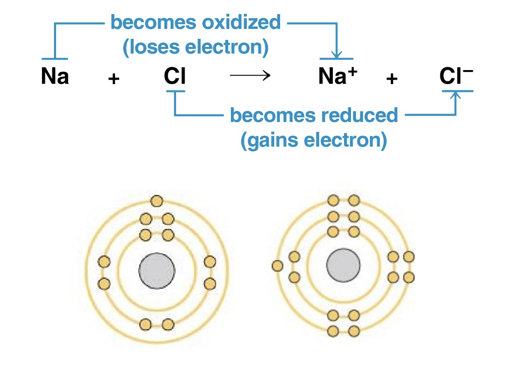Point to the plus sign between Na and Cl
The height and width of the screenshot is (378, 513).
click(114, 79)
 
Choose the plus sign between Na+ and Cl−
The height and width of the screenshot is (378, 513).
click(392, 79)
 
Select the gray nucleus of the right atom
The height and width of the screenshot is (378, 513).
click(343, 266)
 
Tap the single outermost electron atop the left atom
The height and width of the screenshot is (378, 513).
click(156, 201)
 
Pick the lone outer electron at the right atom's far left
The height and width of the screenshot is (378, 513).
click(277, 265)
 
